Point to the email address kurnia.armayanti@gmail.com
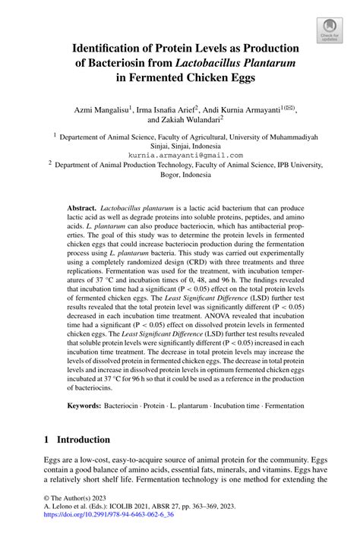tap(180, 154)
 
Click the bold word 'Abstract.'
tap(81, 207)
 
